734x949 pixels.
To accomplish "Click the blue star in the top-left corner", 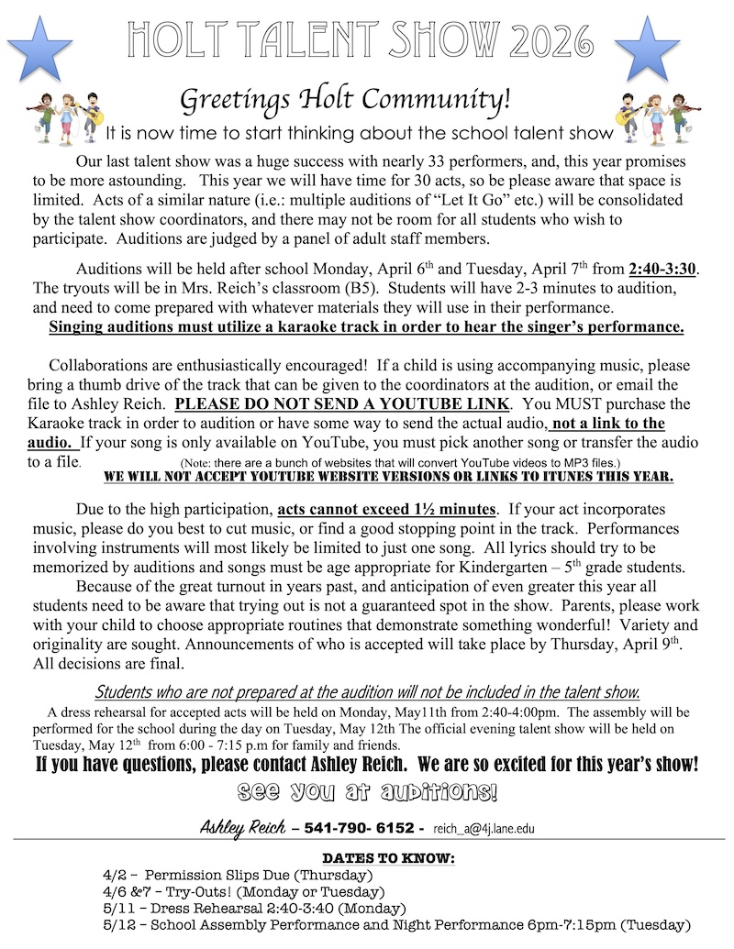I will [x=39, y=49].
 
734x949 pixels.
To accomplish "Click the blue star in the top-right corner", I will [x=647, y=49].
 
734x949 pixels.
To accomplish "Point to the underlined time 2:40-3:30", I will [x=662, y=269].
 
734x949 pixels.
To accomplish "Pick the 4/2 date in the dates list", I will [x=117, y=876].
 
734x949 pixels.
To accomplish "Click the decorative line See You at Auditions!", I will [x=367, y=790].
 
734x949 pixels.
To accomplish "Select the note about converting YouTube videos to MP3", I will [x=400, y=462].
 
